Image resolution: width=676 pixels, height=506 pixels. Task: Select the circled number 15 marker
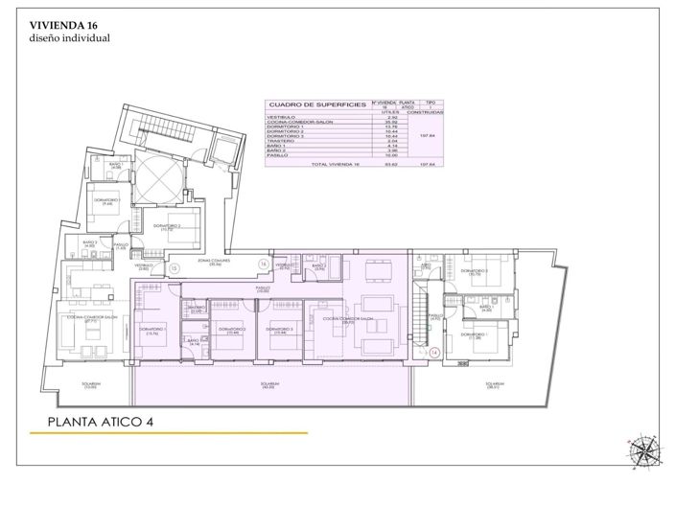(175, 268)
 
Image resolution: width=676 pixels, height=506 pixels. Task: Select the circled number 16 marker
(264, 264)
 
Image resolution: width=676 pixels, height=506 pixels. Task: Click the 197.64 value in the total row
(429, 164)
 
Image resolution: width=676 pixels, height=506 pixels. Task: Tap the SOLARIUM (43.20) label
(268, 385)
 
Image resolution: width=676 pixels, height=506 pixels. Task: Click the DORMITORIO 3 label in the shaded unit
(282, 330)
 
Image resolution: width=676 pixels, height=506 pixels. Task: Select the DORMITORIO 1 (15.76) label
(153, 331)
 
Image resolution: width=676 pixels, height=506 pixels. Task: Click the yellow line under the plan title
(169, 434)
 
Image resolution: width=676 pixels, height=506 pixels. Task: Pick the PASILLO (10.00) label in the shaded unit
(261, 288)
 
